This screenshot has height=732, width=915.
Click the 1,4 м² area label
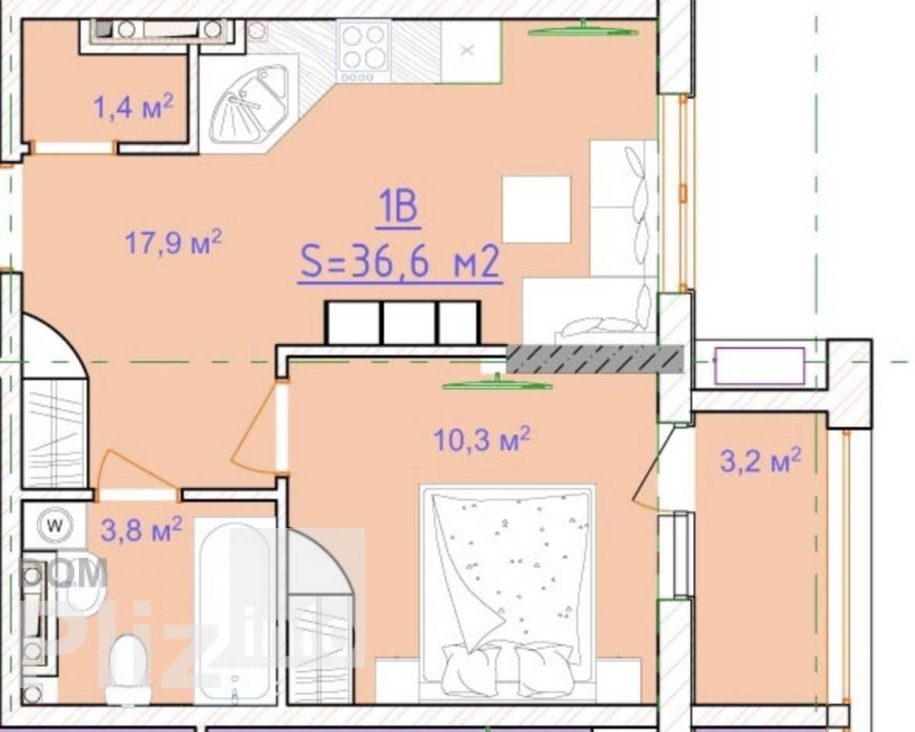[133, 107]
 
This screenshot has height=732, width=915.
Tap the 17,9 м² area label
[173, 242]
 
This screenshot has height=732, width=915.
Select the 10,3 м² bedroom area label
[482, 439]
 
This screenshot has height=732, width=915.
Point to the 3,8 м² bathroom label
[142, 530]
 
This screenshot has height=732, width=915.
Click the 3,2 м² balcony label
[761, 460]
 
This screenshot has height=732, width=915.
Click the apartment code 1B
[399, 207]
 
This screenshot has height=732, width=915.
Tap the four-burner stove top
[363, 51]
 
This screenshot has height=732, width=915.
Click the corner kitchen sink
[249, 106]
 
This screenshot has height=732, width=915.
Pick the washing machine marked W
[55, 525]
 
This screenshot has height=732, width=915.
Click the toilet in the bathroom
[128, 669]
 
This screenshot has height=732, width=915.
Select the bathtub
[234, 611]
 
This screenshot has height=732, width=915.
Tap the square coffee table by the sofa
[537, 209]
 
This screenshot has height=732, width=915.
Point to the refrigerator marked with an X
[471, 51]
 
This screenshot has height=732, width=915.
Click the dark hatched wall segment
[595, 359]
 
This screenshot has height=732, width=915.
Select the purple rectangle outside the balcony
[760, 366]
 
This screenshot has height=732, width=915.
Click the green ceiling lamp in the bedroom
[498, 385]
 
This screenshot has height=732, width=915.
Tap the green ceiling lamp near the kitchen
[583, 30]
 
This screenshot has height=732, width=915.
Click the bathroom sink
[83, 583]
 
